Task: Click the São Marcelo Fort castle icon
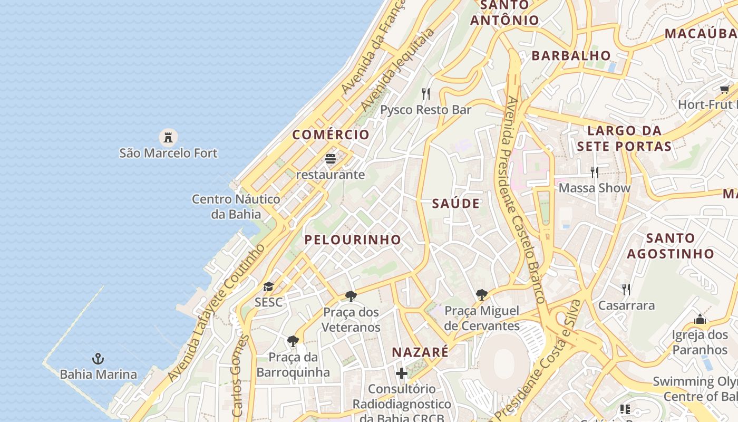point(168,138)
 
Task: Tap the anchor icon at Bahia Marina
point(98,359)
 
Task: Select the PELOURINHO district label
point(353,239)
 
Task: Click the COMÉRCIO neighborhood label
point(331,135)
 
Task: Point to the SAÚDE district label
point(456,204)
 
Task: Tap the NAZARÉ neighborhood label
point(420,352)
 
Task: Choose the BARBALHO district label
point(571,55)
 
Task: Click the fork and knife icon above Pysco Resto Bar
point(426,94)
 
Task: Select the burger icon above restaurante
point(331,159)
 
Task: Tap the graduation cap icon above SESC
point(268,287)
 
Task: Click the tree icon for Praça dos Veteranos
point(351,296)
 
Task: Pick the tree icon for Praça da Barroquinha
point(293,341)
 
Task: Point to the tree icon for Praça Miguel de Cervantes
point(481,295)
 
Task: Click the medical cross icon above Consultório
point(402,373)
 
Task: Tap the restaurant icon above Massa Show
point(595,172)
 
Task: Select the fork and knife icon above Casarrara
point(626,289)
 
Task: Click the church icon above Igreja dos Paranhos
point(700,319)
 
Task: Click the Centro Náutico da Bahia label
point(236,207)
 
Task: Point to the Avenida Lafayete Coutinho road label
point(216,313)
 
